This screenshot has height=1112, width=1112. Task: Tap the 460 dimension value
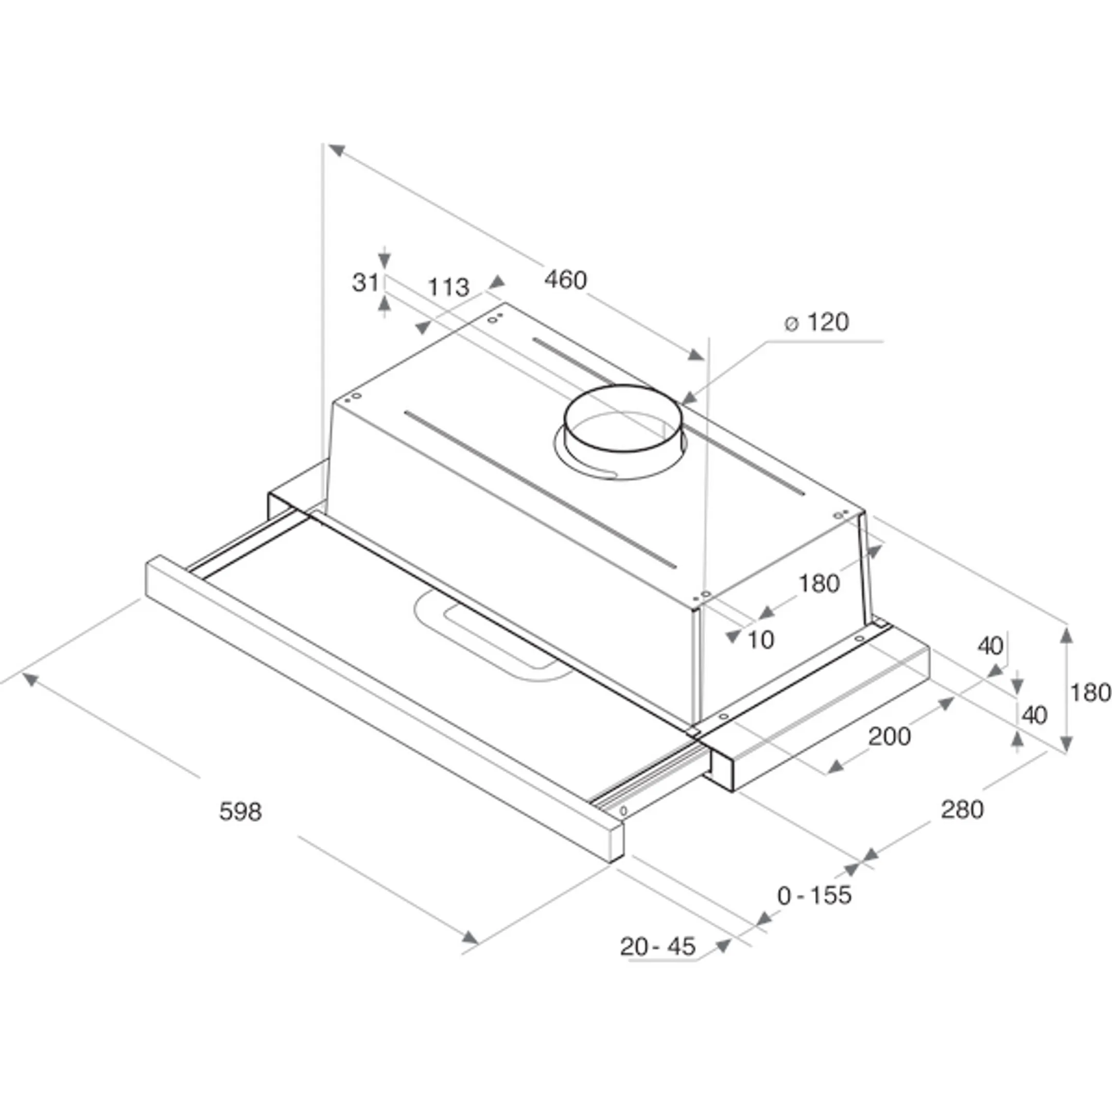(x=566, y=280)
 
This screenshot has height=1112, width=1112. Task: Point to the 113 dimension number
(x=448, y=287)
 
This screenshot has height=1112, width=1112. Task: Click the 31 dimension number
(x=366, y=283)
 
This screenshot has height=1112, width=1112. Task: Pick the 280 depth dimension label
(x=962, y=810)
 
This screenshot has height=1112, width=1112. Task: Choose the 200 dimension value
(x=889, y=737)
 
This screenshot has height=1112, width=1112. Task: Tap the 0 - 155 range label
(x=814, y=895)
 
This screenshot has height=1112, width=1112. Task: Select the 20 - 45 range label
(x=658, y=946)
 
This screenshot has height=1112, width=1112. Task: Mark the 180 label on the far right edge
(x=1090, y=692)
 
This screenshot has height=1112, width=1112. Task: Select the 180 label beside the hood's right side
(x=819, y=584)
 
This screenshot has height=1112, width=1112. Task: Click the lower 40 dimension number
(x=1034, y=716)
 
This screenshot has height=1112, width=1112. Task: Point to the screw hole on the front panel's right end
(x=623, y=810)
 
